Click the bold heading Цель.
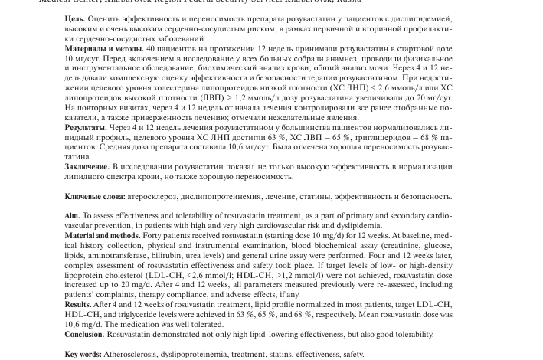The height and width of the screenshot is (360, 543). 74,19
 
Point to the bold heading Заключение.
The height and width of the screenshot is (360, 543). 87,166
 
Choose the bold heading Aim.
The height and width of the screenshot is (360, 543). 73,217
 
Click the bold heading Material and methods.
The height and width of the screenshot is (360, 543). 103,236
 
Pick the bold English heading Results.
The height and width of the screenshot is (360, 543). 78,305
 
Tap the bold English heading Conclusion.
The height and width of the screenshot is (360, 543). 84,335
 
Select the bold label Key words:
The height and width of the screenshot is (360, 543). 83,355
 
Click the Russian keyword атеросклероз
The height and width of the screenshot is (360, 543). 142,197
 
